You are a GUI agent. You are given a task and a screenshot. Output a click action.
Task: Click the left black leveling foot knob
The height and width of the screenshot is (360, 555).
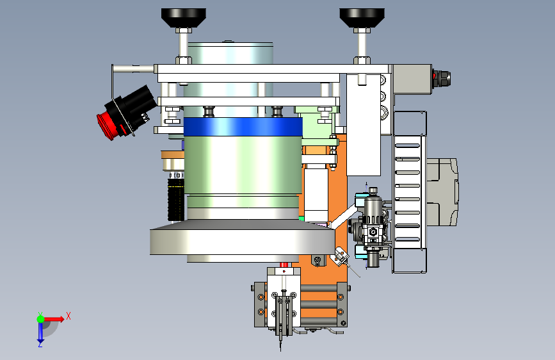[183, 18]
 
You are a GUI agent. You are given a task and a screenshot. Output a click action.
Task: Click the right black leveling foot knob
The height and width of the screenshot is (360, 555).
[362, 18]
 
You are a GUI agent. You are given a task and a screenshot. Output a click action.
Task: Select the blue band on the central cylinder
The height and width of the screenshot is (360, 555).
[243, 127]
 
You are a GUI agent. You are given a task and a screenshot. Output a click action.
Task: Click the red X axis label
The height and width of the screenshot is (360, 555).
[68, 316]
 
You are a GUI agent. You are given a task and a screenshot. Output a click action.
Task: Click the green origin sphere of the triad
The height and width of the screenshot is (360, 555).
[40, 319]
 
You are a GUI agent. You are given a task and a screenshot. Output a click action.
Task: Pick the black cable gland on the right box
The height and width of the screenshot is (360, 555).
[442, 79]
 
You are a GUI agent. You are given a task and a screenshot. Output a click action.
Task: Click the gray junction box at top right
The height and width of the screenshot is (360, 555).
[412, 79]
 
